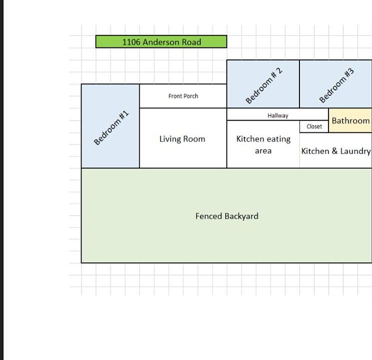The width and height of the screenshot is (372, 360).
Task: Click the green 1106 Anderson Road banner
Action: coord(161,42)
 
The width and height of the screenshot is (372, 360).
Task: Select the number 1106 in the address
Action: coord(131,42)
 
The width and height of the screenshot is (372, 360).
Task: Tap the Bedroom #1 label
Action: coord(112,128)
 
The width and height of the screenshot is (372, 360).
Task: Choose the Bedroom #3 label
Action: coord(336,85)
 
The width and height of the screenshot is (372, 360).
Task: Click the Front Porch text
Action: coord(183,96)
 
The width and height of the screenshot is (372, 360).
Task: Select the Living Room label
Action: coord(182,139)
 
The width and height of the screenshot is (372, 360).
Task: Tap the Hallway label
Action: coord(278,115)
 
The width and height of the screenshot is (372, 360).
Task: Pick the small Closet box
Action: coord(314,126)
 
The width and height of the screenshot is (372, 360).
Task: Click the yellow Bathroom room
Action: coord(350,120)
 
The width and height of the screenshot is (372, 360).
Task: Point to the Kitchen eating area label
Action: coord(263,144)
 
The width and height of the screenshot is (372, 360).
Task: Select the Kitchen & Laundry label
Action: coord(336,151)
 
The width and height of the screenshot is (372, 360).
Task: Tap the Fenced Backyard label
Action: coord(227,216)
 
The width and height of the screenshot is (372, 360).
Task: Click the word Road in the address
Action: coord(191,42)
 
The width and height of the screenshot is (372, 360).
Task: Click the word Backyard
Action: coord(241,216)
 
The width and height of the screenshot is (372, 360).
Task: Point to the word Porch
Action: coord(191,96)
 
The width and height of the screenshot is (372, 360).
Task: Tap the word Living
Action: coord(170,139)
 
